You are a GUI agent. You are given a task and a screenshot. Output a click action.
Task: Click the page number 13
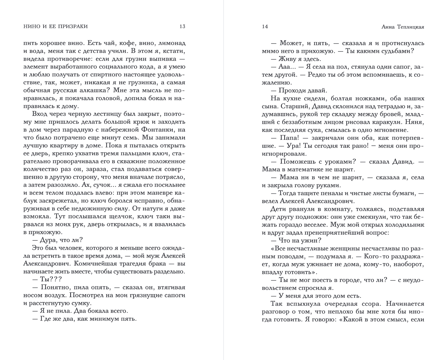182,27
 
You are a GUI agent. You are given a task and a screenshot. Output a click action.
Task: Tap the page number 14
265,27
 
